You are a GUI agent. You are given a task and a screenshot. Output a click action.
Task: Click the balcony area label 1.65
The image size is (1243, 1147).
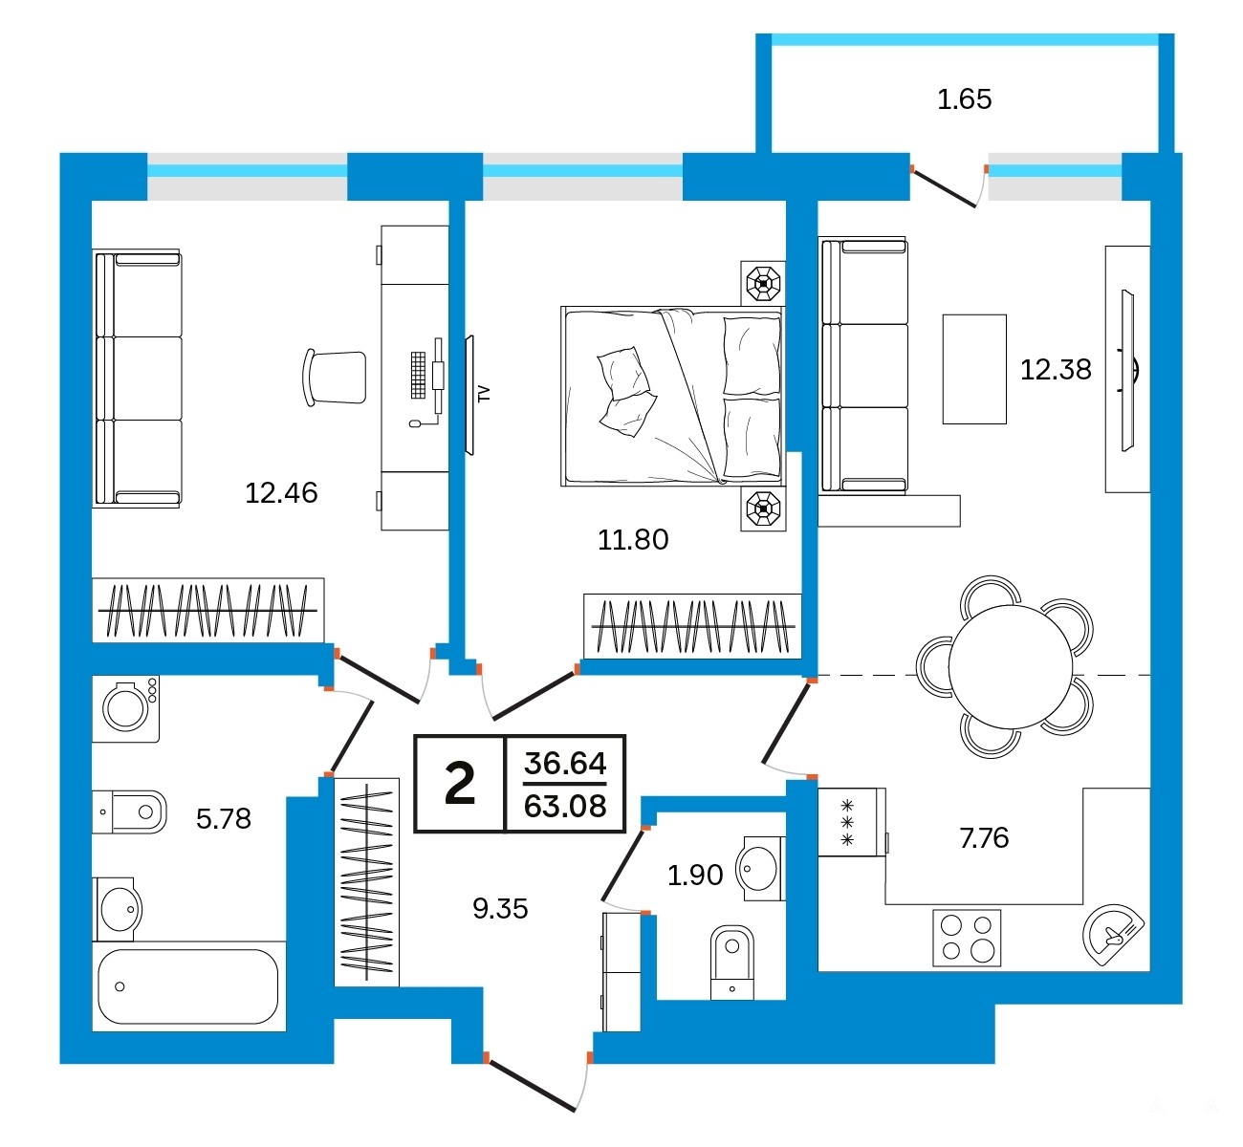[x=964, y=99]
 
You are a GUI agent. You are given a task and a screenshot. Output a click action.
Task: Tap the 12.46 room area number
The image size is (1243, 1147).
[x=281, y=493]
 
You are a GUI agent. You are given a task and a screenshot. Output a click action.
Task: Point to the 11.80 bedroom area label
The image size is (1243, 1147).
[x=633, y=539]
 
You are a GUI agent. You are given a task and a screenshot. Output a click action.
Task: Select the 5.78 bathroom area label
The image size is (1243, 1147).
[x=224, y=818]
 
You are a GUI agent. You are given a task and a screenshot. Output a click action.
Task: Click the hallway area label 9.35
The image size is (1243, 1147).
[x=500, y=909]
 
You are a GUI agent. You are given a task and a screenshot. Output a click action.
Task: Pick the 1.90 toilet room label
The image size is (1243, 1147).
[x=695, y=875]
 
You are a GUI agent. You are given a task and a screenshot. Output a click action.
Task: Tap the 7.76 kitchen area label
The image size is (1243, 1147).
[x=984, y=838]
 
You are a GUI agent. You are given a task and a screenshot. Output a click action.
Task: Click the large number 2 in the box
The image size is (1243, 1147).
[x=460, y=784]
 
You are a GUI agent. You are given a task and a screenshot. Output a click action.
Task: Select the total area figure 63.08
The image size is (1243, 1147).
[x=565, y=806]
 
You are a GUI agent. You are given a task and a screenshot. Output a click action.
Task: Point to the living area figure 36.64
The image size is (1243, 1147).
[x=565, y=763]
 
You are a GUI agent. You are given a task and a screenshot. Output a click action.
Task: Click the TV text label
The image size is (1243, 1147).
[x=484, y=394]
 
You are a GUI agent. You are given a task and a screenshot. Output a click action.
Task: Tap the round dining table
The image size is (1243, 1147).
[x=1010, y=667]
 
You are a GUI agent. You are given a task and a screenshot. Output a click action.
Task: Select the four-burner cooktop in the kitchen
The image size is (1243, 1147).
[x=967, y=938]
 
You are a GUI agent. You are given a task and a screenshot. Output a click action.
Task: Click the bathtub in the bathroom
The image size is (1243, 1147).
[x=187, y=986]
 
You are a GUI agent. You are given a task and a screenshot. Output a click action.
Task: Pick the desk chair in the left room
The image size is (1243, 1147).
[x=334, y=378]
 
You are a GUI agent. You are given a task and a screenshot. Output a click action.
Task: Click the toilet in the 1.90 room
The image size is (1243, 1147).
[x=731, y=963]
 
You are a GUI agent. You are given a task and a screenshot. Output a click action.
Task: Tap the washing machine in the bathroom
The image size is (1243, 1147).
[x=125, y=709]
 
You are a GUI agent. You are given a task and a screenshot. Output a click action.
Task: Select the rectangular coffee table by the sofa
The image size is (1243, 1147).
[x=974, y=369]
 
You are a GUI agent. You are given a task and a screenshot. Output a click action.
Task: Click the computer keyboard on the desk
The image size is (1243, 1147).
[x=418, y=375]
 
